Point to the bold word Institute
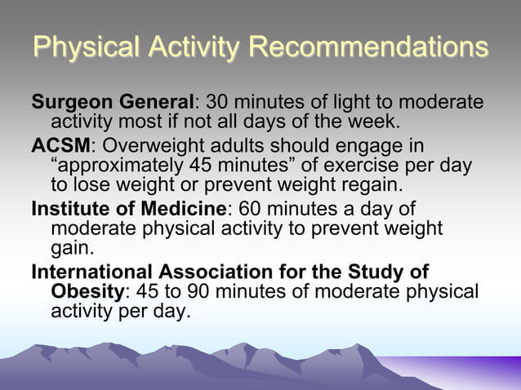coord(70,209)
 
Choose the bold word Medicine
coord(185,209)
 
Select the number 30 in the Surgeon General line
coord(219,104)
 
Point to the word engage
coord(372,146)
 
